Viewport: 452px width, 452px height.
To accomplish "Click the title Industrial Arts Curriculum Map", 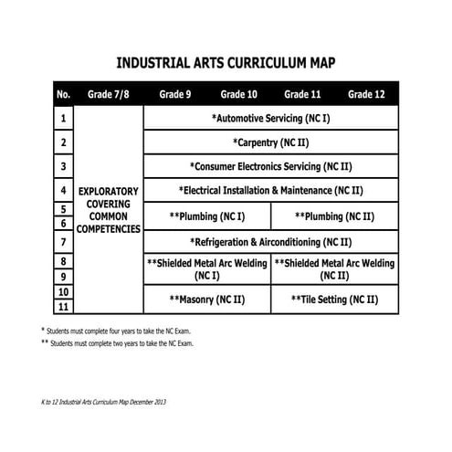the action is pyautogui.click(x=226, y=65).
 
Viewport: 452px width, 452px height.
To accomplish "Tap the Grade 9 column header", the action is pyautogui.click(x=174, y=94).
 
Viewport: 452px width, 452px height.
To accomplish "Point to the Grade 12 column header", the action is pyautogui.click(x=366, y=94).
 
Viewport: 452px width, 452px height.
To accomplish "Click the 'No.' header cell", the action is pyautogui.click(x=63, y=94).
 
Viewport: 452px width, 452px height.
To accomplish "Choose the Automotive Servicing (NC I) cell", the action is pyautogui.click(x=270, y=119).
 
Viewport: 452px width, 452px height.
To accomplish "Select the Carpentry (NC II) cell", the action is pyautogui.click(x=270, y=142).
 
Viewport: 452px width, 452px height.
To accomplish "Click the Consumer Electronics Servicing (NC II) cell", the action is pyautogui.click(x=270, y=167).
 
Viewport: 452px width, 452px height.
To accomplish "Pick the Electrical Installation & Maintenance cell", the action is pyautogui.click(x=270, y=191).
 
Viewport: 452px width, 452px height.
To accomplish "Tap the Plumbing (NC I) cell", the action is pyautogui.click(x=207, y=216).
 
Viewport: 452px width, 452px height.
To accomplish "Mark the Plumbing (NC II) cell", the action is pyautogui.click(x=334, y=216).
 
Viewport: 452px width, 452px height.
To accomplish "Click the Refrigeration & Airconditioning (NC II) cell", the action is pyautogui.click(x=270, y=242).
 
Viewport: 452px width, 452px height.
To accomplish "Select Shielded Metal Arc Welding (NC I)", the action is pyautogui.click(x=207, y=268).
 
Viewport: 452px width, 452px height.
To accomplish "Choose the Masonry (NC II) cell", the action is pyautogui.click(x=207, y=299).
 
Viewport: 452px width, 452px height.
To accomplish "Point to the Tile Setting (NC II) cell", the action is pyautogui.click(x=334, y=299).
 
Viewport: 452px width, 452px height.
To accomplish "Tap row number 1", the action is pyautogui.click(x=63, y=119).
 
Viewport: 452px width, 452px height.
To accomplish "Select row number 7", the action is pyautogui.click(x=63, y=242).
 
